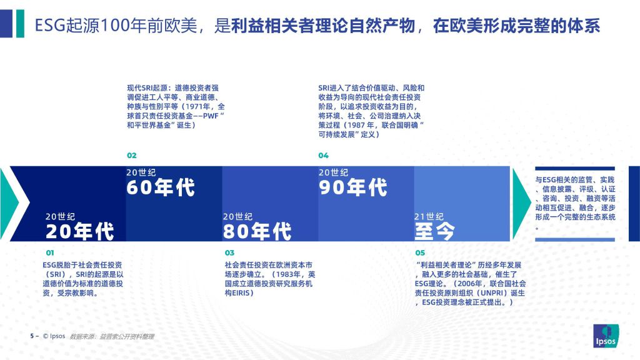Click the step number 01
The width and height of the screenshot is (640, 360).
pyautogui.click(x=50, y=253)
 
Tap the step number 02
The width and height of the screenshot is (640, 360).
pyautogui.click(x=131, y=156)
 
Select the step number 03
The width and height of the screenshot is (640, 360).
pyautogui.click(x=229, y=253)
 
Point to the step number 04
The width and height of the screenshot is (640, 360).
pyautogui.click(x=323, y=156)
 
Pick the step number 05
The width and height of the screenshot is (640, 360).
pyautogui.click(x=420, y=253)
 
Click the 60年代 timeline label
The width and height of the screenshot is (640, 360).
pyautogui.click(x=161, y=187)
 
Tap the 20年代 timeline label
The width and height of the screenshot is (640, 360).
pyautogui.click(x=79, y=231)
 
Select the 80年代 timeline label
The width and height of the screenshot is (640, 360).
pyautogui.click(x=257, y=231)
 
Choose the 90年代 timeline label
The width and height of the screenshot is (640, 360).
pyautogui.click(x=352, y=187)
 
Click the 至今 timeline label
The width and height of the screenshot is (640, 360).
pyautogui.click(x=434, y=231)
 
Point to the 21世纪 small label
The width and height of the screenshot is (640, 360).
pyautogui.click(x=429, y=217)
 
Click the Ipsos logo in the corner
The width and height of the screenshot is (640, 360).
pyautogui.click(x=606, y=336)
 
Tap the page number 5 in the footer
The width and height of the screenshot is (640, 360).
pyautogui.click(x=32, y=336)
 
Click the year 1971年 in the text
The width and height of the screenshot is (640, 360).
pyautogui.click(x=200, y=106)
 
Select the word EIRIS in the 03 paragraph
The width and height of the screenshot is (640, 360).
pyautogui.click(x=239, y=293)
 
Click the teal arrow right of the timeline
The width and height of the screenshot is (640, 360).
pyautogui.click(x=521, y=203)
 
